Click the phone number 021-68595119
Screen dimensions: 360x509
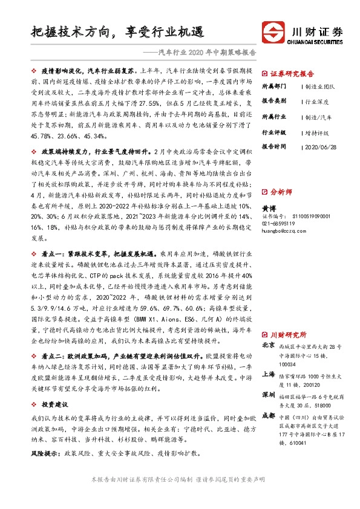tap(281, 222)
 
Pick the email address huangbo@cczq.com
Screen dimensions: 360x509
tap(285, 230)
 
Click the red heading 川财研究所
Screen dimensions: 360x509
tap(288, 334)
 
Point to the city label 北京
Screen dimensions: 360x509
tap(268, 345)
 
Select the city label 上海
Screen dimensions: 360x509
tap(268, 374)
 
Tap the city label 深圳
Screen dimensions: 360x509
tap(268, 395)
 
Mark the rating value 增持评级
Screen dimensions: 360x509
tap(318, 131)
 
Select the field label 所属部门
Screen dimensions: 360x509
tap(274, 86)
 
